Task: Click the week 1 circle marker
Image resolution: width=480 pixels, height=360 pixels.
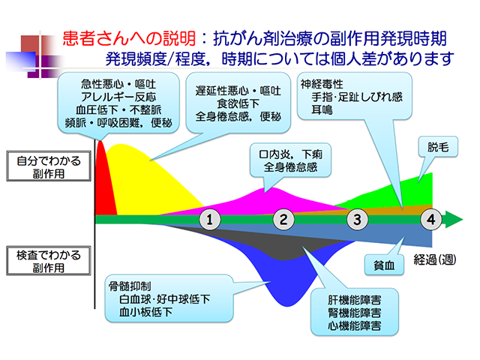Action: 211,219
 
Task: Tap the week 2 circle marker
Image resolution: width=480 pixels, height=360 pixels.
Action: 284,219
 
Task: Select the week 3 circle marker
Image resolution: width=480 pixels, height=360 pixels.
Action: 358,219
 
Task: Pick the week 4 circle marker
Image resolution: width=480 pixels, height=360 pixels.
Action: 430,219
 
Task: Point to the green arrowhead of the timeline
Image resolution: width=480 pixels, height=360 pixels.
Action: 454,219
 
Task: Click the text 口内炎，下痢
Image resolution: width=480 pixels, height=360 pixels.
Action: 286,154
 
